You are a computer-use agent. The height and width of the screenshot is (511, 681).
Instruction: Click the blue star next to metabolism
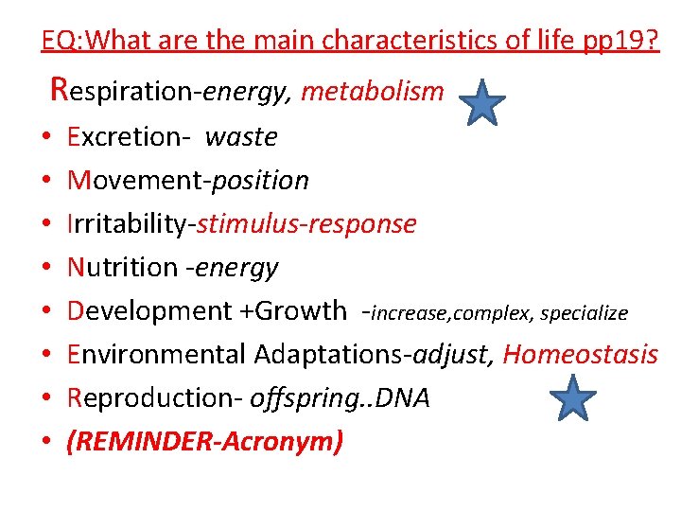(483, 102)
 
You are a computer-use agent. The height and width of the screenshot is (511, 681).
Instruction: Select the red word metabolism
(373, 92)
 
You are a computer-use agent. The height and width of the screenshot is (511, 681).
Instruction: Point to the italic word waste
(241, 137)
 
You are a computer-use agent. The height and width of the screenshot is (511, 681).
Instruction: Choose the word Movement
(136, 180)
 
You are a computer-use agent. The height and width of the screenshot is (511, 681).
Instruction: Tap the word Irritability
(129, 223)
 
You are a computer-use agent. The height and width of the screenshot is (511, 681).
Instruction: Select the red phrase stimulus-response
(306, 223)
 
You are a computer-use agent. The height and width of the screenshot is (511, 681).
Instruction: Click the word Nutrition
(123, 268)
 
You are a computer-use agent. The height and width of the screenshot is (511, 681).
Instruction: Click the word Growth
(302, 310)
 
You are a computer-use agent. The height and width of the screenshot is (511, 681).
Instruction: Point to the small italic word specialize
(584, 312)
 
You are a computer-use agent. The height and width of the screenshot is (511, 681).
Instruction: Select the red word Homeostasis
(580, 354)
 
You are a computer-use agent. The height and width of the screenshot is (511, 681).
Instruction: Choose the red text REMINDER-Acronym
(204, 441)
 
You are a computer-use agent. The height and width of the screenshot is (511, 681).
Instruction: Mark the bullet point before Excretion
(46, 138)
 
